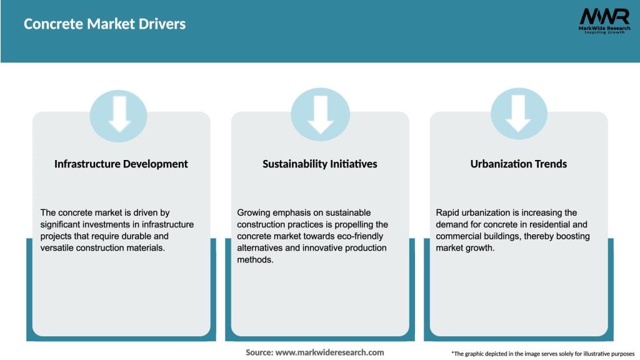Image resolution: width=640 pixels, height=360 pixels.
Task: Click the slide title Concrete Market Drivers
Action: [x=104, y=24]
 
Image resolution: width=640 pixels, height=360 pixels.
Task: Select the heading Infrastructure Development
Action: [x=121, y=164]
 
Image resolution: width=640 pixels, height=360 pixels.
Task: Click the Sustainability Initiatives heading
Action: [x=320, y=164]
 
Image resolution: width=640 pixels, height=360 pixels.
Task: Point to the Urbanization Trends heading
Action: [x=519, y=164]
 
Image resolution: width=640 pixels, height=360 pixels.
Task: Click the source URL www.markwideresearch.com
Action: [x=329, y=352]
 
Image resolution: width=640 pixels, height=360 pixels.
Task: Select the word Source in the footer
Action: [x=259, y=352]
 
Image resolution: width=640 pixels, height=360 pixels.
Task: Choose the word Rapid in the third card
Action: [x=447, y=212]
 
